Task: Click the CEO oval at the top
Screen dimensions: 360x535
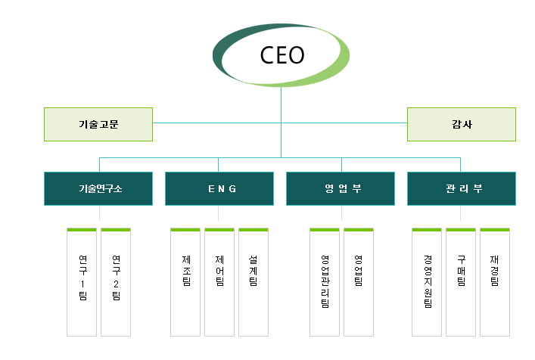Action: pos(281,55)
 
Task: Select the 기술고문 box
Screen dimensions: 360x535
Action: pos(98,124)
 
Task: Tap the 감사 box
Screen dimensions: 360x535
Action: pos(461,124)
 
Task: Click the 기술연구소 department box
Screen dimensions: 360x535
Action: pos(98,188)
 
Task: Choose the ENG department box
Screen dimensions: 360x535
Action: pos(219,188)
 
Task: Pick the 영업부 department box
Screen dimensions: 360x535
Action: pos(341,188)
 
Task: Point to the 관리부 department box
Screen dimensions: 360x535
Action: pos(461,188)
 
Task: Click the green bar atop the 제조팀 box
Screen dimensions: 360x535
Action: pos(185,229)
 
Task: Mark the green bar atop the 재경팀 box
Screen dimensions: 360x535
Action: pos(495,229)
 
